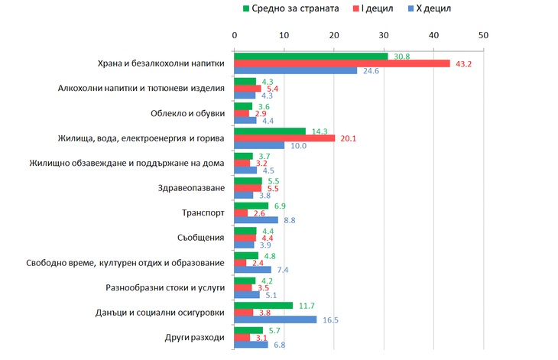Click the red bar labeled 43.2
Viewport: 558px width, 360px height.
point(342,63)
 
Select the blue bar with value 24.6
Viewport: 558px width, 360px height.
point(296,71)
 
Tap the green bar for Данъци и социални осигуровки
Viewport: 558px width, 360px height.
point(263,305)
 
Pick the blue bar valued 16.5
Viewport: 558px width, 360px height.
point(275,319)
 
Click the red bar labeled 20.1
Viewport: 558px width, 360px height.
point(284,138)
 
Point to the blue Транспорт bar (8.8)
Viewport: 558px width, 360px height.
point(256,220)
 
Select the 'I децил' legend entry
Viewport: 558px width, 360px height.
point(378,8)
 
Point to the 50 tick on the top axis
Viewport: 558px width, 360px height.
point(483,34)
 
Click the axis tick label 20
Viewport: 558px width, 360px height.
point(334,34)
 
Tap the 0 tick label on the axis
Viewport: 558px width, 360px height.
point(235,34)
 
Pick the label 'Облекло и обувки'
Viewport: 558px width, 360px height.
point(188,113)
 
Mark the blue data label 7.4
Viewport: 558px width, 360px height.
point(283,270)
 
